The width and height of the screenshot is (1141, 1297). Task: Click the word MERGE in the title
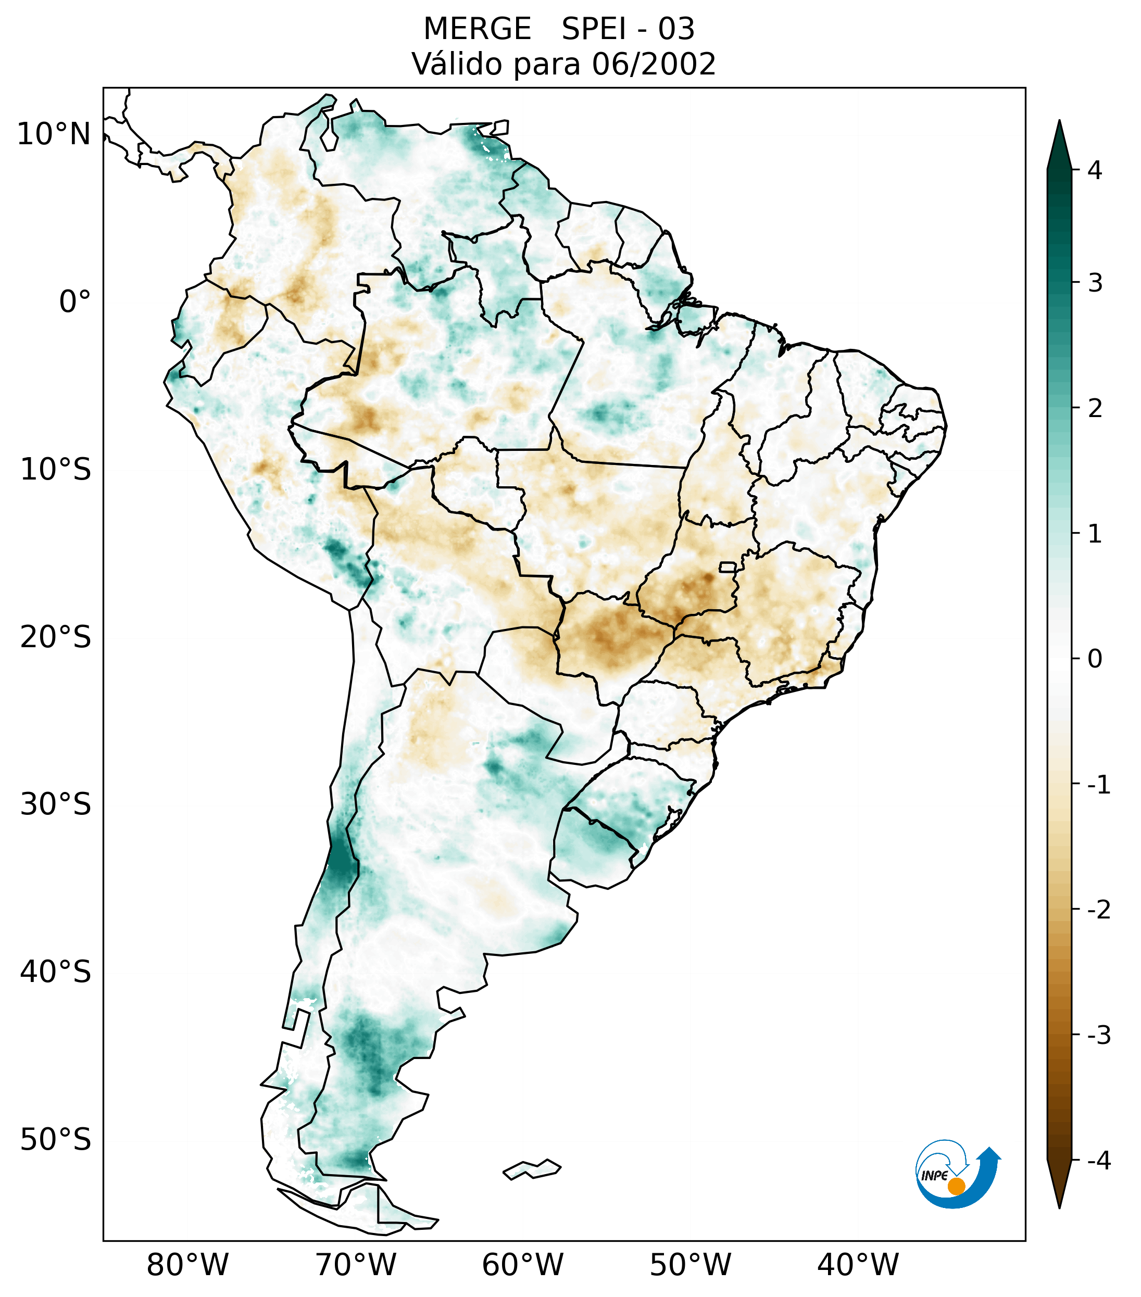pos(477,29)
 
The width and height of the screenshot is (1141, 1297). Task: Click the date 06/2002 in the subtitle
pos(654,64)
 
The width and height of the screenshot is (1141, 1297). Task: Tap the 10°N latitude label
pos(54,134)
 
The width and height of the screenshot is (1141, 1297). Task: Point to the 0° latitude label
pos(75,302)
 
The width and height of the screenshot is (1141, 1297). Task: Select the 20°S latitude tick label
pos(56,637)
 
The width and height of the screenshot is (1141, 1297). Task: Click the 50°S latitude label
pos(56,1140)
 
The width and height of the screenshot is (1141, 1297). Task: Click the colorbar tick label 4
pos(1095,170)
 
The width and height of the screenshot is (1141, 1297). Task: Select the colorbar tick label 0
pos(1095,659)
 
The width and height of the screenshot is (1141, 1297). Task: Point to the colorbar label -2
pos(1098,910)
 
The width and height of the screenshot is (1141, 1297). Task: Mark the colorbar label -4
pos(1098,1161)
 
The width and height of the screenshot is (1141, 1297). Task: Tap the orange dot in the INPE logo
pos(956,1186)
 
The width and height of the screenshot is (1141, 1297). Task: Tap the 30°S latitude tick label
pos(56,804)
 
